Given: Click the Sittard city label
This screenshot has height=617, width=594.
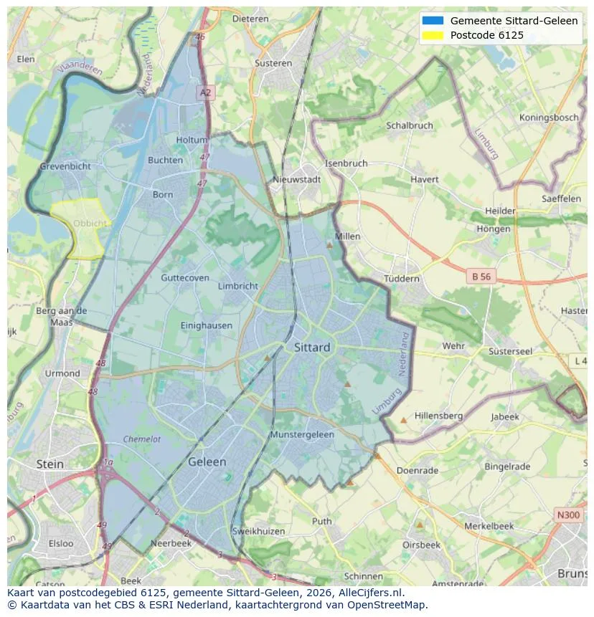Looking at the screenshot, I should [x=312, y=348].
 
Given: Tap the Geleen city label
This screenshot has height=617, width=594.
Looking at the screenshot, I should [x=207, y=462].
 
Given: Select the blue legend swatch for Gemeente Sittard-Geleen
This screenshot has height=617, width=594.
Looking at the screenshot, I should [x=433, y=21].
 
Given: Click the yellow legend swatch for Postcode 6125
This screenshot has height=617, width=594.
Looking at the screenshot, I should [x=433, y=35].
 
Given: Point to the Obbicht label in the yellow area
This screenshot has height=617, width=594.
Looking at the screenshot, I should [x=90, y=224].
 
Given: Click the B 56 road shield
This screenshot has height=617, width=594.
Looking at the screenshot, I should [x=481, y=276].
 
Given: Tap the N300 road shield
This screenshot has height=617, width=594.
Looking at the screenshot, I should [x=568, y=515].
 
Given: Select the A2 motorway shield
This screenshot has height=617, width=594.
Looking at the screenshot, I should [x=206, y=92].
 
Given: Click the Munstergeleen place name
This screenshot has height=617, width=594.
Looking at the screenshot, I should [x=302, y=435].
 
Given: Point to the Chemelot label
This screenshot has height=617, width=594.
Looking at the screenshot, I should [x=141, y=439].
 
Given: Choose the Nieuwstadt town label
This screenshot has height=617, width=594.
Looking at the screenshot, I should [x=297, y=180].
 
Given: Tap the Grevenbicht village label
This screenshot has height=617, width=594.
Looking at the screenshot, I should [x=65, y=166].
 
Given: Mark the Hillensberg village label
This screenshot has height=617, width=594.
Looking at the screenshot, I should [x=438, y=416].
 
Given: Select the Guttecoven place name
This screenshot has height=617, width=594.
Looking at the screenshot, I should [x=185, y=278].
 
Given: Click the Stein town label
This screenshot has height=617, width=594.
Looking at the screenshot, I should [x=50, y=464].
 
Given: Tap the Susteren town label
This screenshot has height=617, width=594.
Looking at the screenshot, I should [x=273, y=63].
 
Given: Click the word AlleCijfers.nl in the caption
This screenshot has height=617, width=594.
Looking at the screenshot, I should [x=369, y=593].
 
